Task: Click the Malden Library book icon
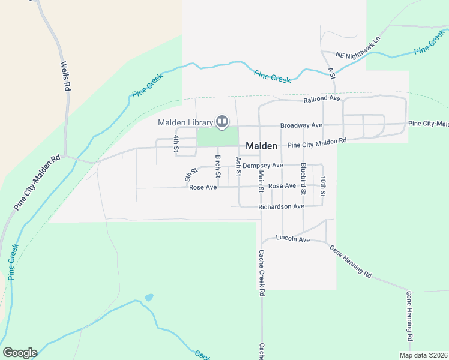click(222, 122)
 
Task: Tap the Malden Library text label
click(185, 123)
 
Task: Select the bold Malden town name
click(262, 146)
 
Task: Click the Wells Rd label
click(65, 75)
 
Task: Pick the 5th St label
click(191, 175)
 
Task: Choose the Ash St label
click(238, 166)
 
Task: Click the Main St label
click(261, 181)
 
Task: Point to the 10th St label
click(322, 187)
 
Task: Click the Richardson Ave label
click(281, 206)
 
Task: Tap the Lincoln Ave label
click(292, 239)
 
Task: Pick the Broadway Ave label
click(301, 125)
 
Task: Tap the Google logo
click(20, 353)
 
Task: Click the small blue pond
click(149, 297)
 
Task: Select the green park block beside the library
click(217, 137)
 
